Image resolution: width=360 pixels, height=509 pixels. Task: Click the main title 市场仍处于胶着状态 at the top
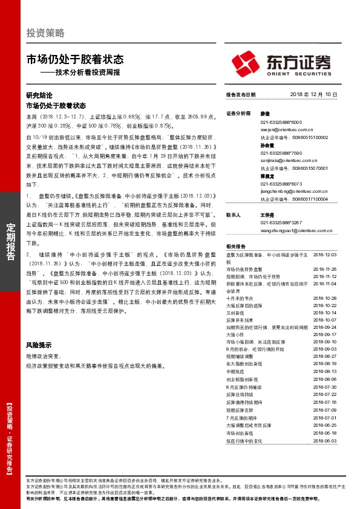click(75, 60)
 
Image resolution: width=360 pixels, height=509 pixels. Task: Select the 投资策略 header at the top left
click(45, 33)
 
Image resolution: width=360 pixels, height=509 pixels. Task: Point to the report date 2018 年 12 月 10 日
click(313, 95)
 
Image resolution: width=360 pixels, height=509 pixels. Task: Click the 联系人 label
click(234, 215)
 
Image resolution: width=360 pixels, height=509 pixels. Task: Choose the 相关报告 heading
click(236, 247)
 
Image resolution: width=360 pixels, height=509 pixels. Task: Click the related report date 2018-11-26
click(324, 268)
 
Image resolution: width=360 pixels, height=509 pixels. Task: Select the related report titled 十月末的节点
click(238, 299)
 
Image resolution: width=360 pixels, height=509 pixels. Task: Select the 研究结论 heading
click(39, 95)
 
